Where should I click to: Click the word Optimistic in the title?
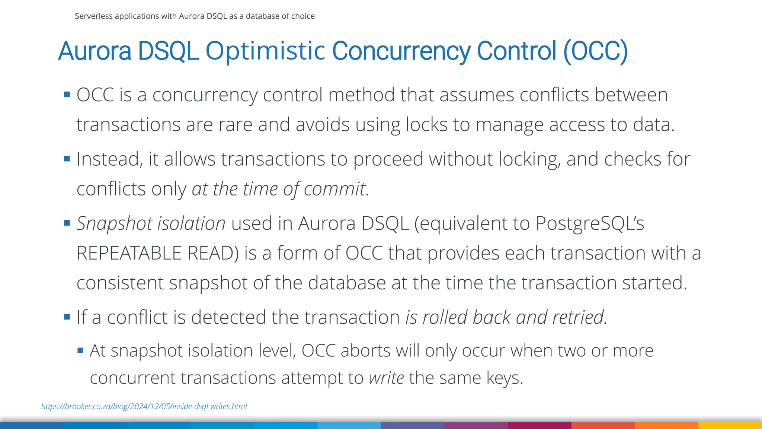coord(265,51)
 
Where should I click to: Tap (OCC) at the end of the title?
coord(596,51)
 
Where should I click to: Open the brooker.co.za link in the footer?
coord(144,406)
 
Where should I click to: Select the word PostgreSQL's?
coord(590,223)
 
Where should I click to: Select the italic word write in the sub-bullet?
coord(386,378)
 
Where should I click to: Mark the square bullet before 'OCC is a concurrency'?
coord(67,95)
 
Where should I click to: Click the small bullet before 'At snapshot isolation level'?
coord(80,350)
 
